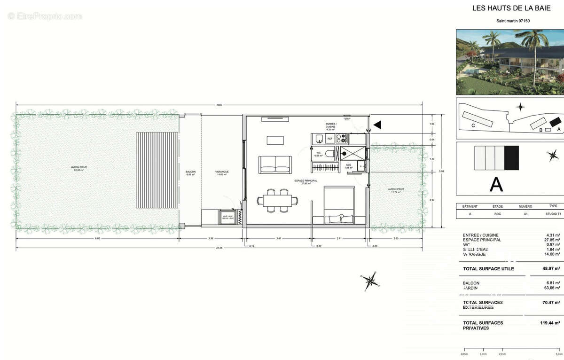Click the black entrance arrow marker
coord(377,125)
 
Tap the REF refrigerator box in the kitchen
coord(330,139)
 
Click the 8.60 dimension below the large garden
coord(97,239)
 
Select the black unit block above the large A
coord(511,158)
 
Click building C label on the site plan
coord(473,125)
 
